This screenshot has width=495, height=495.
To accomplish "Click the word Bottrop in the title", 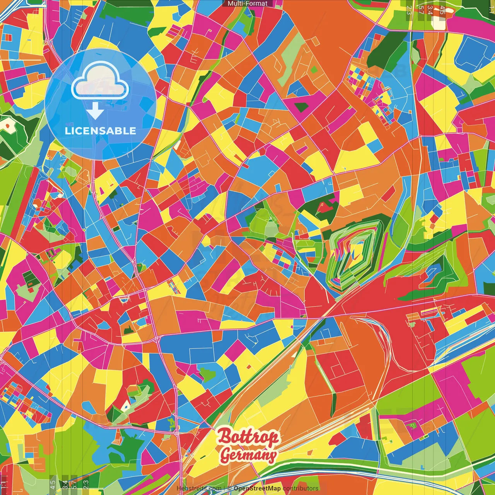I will (x=248, y=437).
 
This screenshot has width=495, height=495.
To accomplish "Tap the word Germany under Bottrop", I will (x=248, y=455).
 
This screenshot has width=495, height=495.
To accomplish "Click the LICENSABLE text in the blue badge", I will (x=101, y=131).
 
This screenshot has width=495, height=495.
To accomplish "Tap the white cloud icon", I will (x=100, y=80).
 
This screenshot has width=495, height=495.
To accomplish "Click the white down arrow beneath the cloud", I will (x=95, y=111).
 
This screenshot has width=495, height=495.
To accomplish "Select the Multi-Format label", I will (x=247, y=3).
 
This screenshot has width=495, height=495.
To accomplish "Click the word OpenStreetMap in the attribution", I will (x=257, y=488).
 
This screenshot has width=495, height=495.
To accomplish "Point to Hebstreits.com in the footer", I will (x=199, y=488).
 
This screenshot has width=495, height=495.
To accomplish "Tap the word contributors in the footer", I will (x=300, y=488).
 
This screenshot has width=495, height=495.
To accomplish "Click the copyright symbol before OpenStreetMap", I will (x=229, y=488).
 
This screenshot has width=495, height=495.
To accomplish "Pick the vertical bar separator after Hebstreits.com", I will (x=224, y=488).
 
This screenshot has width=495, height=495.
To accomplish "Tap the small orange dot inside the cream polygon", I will (x=7, y=126).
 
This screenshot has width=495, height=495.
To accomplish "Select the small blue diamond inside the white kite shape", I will (x=126, y=406).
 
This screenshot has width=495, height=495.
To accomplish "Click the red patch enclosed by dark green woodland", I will (x=323, y=207).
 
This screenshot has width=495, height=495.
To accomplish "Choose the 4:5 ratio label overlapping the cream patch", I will (x=442, y=10).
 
